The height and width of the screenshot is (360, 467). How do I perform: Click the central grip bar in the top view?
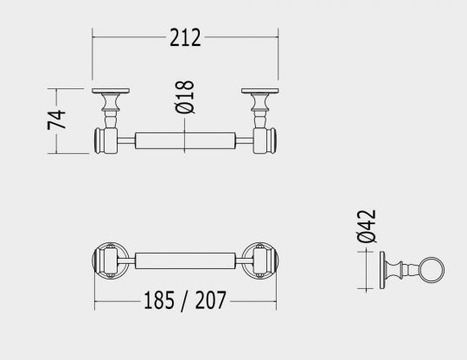(x=184, y=139)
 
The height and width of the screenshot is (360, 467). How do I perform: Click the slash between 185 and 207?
(x=185, y=301)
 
